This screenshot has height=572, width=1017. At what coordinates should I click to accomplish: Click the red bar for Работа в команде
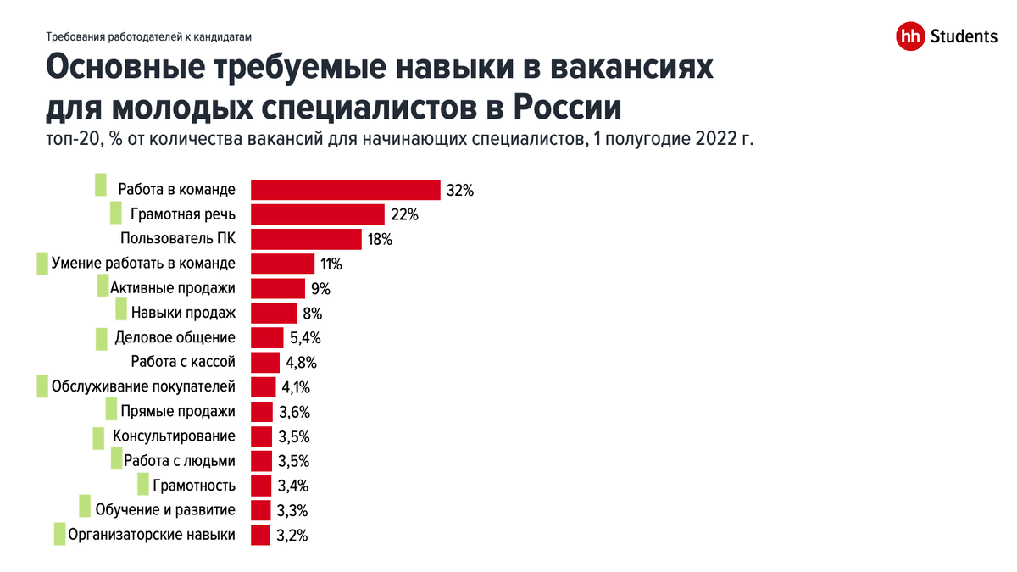point(346,190)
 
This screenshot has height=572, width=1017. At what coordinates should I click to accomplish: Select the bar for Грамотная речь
point(318,214)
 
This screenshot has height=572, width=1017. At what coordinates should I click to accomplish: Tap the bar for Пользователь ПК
point(306,239)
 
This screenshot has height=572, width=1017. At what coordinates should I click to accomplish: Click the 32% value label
point(459,191)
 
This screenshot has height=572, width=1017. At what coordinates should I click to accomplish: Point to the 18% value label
point(379,240)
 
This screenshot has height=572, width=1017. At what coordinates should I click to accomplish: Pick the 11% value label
point(331,264)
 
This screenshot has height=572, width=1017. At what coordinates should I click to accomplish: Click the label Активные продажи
point(173,288)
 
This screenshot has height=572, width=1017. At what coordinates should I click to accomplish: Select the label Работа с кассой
point(183,363)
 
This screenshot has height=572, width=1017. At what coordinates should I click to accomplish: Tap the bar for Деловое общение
point(267,338)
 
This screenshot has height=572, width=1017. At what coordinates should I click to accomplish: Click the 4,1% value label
point(296,388)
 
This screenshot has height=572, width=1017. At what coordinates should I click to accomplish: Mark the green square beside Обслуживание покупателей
point(42,386)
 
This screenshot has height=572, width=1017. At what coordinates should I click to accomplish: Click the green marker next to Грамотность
point(142,485)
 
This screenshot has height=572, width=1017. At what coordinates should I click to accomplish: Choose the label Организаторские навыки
point(152,535)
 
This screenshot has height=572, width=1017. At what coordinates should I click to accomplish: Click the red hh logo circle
point(910,36)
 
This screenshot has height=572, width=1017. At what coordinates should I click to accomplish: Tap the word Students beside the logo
point(964,36)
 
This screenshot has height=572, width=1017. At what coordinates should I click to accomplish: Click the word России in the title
point(568,108)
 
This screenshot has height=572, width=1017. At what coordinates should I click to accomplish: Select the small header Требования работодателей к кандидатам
point(149,36)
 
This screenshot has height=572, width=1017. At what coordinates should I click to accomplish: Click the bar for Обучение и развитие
point(261,510)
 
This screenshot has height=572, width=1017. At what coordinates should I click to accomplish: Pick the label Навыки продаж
point(183,313)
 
